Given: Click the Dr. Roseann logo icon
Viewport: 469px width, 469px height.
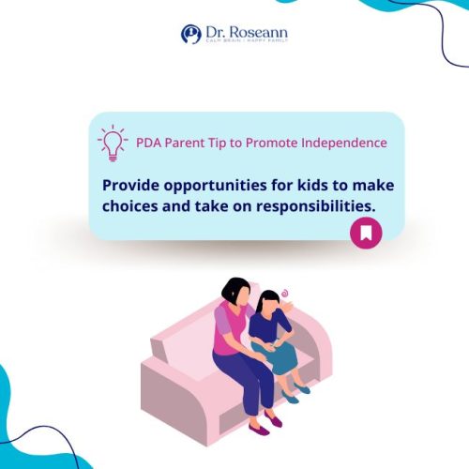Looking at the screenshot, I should click(x=190, y=34).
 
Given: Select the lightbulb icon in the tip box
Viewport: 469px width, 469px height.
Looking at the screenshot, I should click(x=113, y=143).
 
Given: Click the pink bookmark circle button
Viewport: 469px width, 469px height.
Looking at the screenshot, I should click(x=365, y=232).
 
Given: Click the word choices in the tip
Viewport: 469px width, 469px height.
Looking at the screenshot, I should click(x=131, y=208).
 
